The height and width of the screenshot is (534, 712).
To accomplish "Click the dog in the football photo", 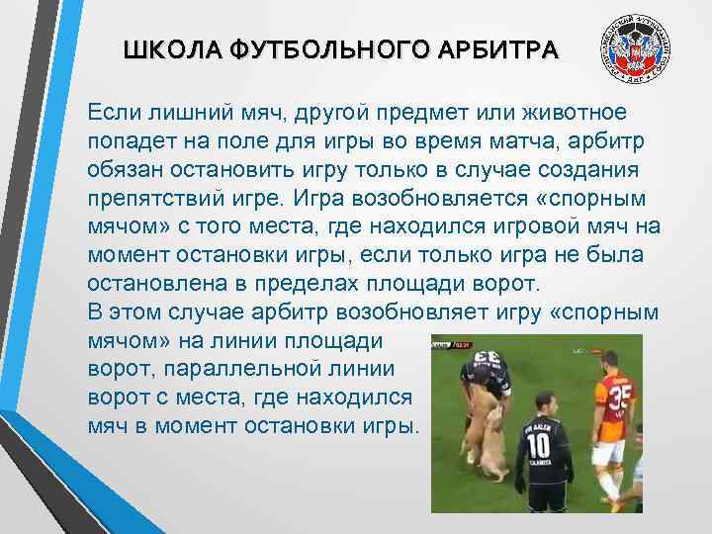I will click(489, 435).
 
